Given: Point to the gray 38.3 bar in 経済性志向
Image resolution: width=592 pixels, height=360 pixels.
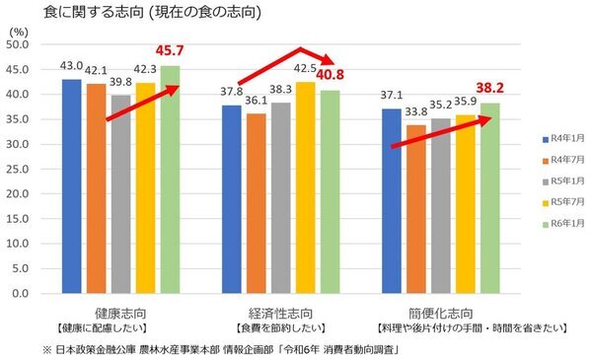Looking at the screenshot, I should point(279,197).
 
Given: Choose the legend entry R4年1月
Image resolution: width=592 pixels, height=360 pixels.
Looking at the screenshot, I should point(565,141).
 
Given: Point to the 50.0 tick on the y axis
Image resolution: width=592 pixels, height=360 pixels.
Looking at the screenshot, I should point(21,44).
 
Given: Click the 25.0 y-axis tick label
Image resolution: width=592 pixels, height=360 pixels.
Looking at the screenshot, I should point(21,169).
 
